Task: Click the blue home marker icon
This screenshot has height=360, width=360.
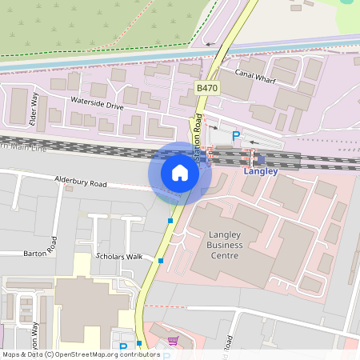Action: (180, 172)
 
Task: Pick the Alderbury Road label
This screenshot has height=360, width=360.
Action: (80, 183)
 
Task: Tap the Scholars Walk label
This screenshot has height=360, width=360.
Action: (118, 257)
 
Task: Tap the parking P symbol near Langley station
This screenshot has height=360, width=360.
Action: (235, 136)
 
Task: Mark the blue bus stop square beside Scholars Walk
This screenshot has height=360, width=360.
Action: (161, 261)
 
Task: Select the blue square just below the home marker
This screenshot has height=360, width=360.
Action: (170, 221)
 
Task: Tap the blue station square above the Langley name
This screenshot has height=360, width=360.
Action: (261, 159)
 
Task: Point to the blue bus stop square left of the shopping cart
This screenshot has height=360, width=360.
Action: (139, 343)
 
